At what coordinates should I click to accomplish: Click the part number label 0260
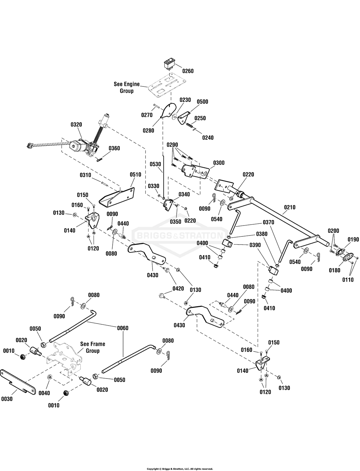pyautogui.click(x=188, y=71)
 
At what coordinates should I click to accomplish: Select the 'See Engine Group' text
pyautogui.click(x=127, y=87)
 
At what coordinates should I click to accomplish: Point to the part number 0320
pyautogui.click(x=76, y=125)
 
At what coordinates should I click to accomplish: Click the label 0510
pyautogui.click(x=135, y=174)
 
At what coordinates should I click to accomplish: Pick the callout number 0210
pyautogui.click(x=290, y=207)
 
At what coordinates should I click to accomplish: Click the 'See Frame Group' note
pyautogui.click(x=93, y=347)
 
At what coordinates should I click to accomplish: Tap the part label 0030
pyautogui.click(x=6, y=399)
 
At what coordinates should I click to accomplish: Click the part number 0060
pyautogui.click(x=123, y=328)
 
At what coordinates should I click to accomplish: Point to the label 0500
pyautogui.click(x=202, y=102)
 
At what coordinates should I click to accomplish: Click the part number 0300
pyautogui.click(x=219, y=163)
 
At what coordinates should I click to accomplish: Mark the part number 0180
pyautogui.click(x=334, y=270)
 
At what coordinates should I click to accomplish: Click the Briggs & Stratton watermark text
pyautogui.click(x=180, y=235)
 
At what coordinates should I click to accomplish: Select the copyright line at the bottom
pyautogui.click(x=180, y=469)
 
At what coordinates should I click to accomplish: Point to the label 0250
pyautogui.click(x=200, y=118)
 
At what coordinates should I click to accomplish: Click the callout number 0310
pyautogui.click(x=86, y=175)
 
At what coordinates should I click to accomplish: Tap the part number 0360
pyautogui.click(x=114, y=148)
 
